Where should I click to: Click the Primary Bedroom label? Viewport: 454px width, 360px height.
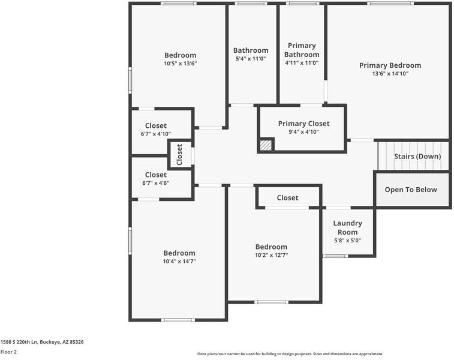(x=390, y=65)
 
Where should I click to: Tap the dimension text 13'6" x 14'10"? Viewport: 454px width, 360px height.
(x=390, y=74)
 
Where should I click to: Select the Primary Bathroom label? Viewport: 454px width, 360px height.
(x=302, y=50)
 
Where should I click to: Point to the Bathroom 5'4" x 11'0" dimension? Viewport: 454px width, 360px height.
(x=251, y=59)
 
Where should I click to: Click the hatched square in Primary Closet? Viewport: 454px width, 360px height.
(x=266, y=145)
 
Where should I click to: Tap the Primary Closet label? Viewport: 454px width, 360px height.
(x=303, y=124)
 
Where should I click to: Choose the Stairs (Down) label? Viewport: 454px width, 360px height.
(x=417, y=157)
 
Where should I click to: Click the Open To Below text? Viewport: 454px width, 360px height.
(x=411, y=190)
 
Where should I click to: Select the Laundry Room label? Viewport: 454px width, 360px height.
(x=347, y=227)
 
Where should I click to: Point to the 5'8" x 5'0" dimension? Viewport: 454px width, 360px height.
(x=347, y=241)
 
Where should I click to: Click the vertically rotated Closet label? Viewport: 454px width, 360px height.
(x=179, y=155)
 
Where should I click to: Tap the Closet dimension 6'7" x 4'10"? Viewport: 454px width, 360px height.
(x=156, y=134)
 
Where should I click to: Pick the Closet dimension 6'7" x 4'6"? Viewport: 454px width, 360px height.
(x=156, y=183)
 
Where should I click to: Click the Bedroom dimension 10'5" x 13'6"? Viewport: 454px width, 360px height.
(x=180, y=64)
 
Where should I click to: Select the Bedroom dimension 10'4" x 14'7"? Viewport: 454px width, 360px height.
(x=179, y=261)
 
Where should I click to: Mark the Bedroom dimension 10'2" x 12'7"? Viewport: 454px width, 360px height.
(x=271, y=255)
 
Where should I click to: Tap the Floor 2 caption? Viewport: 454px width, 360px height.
(x=8, y=352)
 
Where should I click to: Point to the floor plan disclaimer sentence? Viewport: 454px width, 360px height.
(x=290, y=354)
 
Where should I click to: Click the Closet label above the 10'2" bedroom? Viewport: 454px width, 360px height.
(x=287, y=198)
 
